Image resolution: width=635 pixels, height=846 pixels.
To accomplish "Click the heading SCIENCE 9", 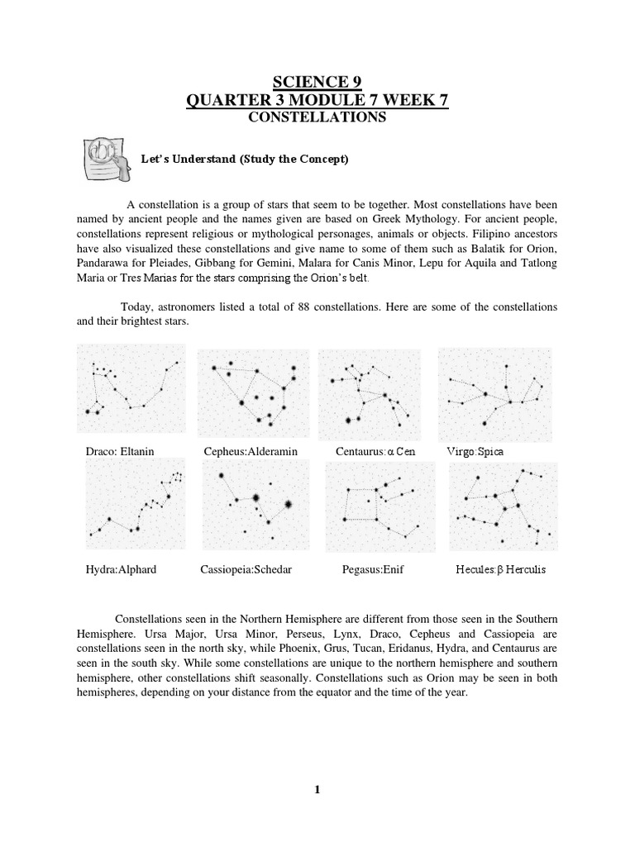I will tap(318, 81).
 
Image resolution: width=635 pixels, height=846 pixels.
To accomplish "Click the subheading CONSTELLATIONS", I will tap(318, 118).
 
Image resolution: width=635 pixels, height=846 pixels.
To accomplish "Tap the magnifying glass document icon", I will tap(104, 159).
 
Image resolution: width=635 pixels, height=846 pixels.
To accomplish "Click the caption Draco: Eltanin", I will tap(121, 452).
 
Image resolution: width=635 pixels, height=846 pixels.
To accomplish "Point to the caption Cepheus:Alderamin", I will tap(251, 452).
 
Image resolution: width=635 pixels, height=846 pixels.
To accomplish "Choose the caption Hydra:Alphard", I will tap(121, 570).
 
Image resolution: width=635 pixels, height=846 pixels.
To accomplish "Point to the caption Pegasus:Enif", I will tap(372, 570).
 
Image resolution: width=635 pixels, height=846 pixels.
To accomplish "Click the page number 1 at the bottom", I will tap(317, 790).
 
